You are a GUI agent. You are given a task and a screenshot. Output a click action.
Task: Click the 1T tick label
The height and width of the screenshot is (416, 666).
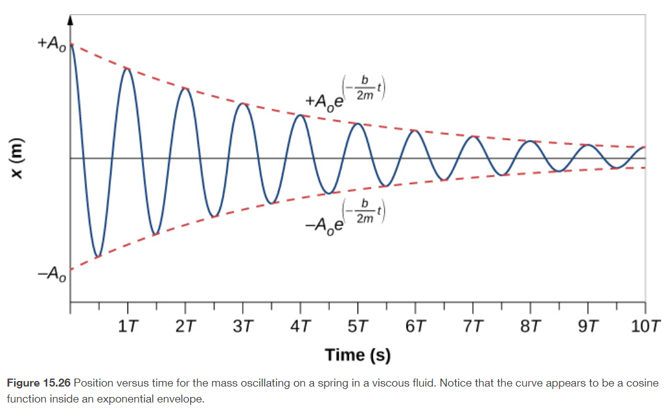pyautogui.click(x=127, y=326)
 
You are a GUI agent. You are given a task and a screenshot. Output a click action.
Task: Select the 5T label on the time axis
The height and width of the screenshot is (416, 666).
pyautogui.click(x=358, y=326)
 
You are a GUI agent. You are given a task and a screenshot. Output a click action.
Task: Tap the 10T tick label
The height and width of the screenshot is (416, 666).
pyautogui.click(x=646, y=326)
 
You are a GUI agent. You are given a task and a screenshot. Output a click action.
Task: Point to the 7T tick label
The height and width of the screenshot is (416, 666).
pyautogui.click(x=473, y=326)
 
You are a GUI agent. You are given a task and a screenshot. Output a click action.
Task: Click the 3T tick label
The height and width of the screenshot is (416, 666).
pyautogui.click(x=242, y=326)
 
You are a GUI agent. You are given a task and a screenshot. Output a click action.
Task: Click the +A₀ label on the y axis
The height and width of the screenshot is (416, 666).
pyautogui.click(x=52, y=45)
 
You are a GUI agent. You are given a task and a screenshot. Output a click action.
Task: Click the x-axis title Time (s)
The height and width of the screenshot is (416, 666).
pyautogui.click(x=358, y=355)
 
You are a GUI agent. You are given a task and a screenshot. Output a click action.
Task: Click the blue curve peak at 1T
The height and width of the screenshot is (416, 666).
pyautogui.click(x=127, y=68)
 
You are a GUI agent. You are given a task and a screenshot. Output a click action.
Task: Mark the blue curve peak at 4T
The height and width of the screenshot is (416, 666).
pyautogui.click(x=300, y=115)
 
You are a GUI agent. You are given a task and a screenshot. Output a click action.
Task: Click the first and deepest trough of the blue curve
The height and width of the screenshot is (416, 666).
pyautogui.click(x=98, y=256)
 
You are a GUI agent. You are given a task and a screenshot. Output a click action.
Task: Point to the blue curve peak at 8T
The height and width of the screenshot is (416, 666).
pyautogui.click(x=530, y=142)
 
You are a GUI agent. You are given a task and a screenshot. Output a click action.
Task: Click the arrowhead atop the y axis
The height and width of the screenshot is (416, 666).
pyautogui.click(x=70, y=20)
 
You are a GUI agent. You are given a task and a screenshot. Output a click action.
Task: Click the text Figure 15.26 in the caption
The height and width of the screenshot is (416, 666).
pyautogui.click(x=38, y=383)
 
